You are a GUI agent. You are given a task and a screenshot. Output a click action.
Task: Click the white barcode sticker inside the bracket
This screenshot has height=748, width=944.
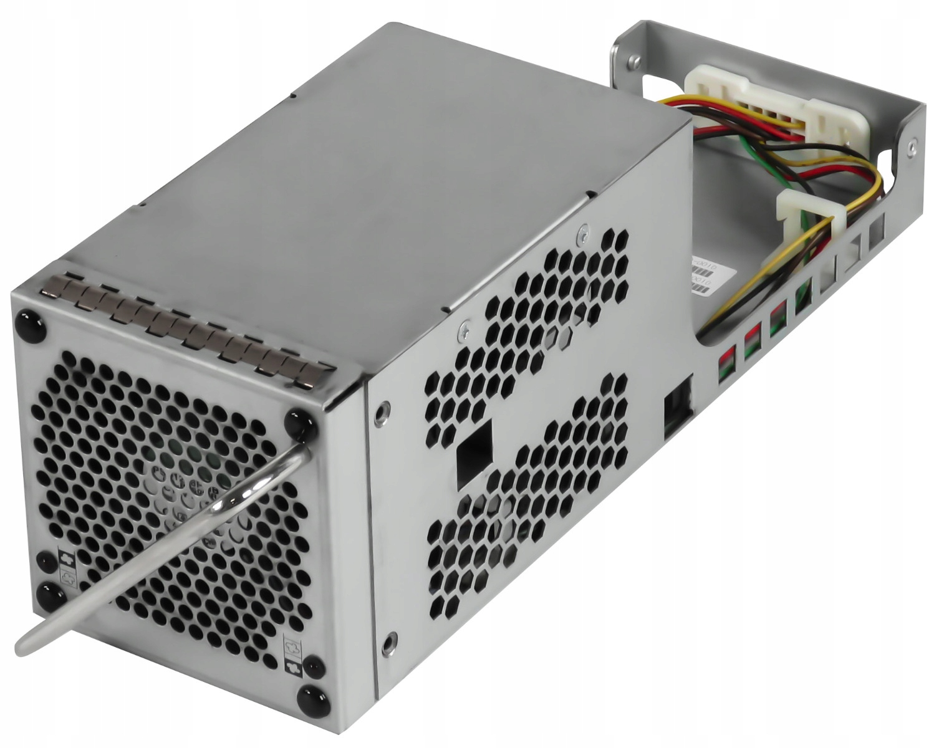[708, 274]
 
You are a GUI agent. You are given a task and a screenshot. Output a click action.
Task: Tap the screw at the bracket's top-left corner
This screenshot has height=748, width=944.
[633, 60]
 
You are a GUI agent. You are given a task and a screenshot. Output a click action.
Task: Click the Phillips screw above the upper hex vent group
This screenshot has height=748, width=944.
[582, 232]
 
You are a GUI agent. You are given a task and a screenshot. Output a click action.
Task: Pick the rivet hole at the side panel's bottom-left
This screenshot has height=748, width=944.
[390, 638]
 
